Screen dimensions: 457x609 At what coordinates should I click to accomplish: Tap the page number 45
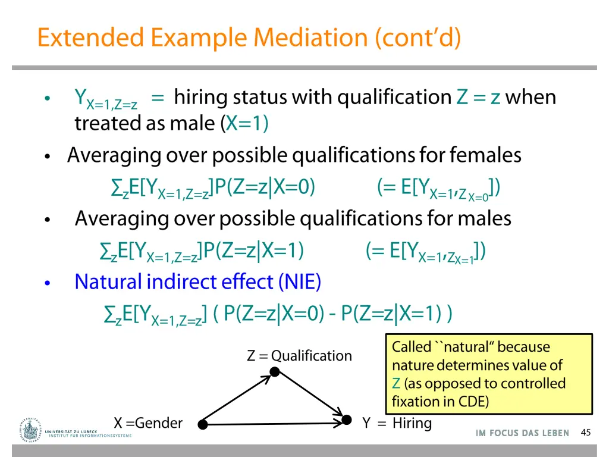point(585,433)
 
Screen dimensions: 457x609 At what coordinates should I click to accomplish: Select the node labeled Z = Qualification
point(274,372)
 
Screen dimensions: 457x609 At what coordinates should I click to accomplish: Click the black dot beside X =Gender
point(203,424)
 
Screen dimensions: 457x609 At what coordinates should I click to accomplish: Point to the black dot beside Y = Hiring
point(347,420)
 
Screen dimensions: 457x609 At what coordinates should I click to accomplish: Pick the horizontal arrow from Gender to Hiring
point(274,424)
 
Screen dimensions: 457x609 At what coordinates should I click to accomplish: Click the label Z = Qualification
point(299,356)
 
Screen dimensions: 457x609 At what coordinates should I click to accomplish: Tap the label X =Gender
point(148,423)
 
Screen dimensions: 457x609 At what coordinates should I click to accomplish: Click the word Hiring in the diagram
point(412,423)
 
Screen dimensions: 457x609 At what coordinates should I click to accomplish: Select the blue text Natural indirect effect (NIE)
point(197,281)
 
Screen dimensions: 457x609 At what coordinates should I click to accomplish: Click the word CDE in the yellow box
point(473,402)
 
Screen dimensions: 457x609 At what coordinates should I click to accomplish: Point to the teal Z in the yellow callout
point(396,383)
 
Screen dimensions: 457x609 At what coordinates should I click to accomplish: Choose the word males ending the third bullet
point(484,218)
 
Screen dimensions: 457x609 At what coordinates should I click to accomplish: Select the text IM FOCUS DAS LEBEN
point(522,433)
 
